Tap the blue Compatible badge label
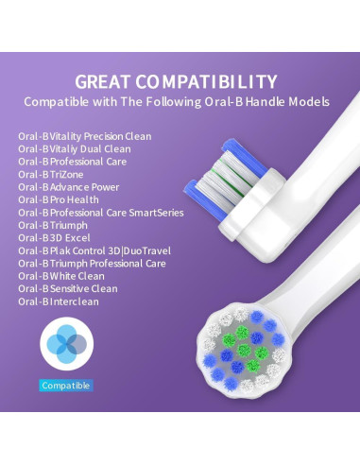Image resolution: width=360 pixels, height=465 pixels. tap(66, 385)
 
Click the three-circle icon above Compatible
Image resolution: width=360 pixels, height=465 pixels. tap(66, 345)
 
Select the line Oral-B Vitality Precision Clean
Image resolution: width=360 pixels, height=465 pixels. tap(84, 136)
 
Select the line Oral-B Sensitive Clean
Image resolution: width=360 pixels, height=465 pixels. tap(68, 288)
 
